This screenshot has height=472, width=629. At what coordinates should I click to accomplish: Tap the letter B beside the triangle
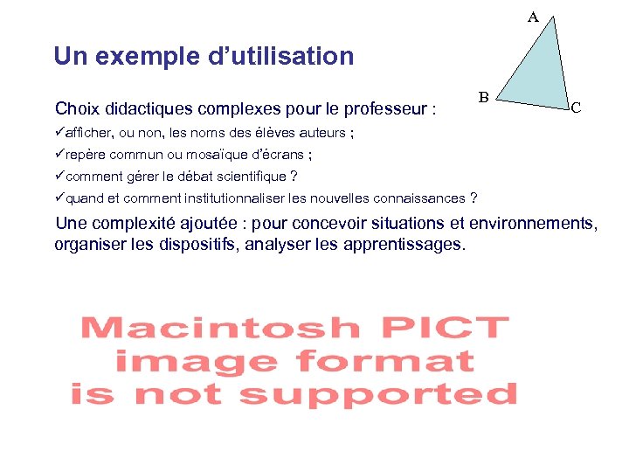click(x=483, y=96)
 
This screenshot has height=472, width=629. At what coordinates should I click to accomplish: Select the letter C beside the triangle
click(x=576, y=109)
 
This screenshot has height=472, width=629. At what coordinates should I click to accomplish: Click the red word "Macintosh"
click(x=219, y=329)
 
